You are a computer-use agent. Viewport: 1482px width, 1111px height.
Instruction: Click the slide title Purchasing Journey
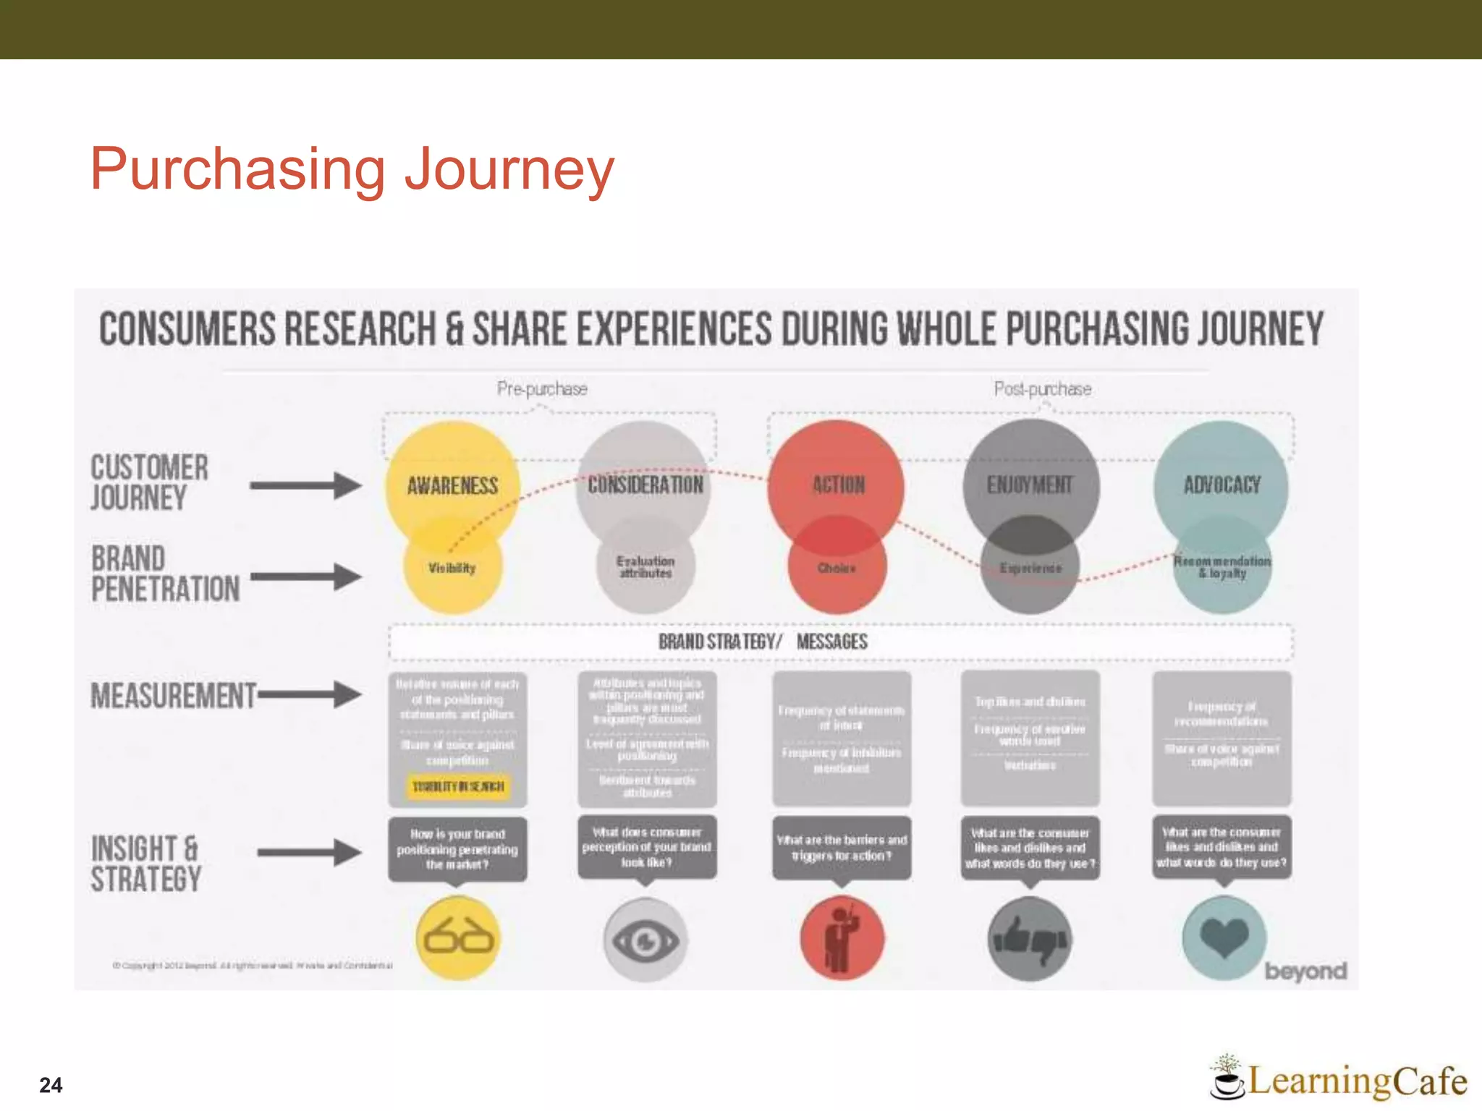pyautogui.click(x=352, y=169)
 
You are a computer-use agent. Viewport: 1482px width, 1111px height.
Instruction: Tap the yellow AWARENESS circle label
pyautogui.click(x=452, y=485)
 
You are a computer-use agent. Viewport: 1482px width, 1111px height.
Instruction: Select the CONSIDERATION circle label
pyautogui.click(x=645, y=485)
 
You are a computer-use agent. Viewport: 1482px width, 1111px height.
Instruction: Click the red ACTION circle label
pyautogui.click(x=838, y=485)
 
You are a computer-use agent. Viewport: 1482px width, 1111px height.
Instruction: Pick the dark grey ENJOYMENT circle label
pyautogui.click(x=1030, y=485)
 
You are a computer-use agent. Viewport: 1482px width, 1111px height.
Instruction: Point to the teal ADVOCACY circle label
pyautogui.click(x=1221, y=485)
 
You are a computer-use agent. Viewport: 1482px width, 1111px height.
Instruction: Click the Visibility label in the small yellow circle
pyautogui.click(x=452, y=569)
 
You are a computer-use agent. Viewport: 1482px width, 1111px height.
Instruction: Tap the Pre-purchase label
pyautogui.click(x=542, y=389)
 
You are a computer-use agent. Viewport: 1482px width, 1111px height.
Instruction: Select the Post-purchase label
pyautogui.click(x=1042, y=389)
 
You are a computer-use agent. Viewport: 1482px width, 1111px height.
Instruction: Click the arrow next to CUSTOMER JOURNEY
pyautogui.click(x=305, y=485)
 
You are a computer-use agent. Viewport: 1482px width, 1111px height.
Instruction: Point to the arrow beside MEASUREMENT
pyautogui.click(x=310, y=694)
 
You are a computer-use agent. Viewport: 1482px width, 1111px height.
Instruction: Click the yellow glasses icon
pyautogui.click(x=458, y=938)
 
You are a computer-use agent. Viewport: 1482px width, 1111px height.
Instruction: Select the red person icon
pyautogui.click(x=841, y=938)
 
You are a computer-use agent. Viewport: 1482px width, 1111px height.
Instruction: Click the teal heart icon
pyautogui.click(x=1223, y=938)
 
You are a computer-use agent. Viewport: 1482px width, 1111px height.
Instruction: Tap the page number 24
pyautogui.click(x=51, y=1085)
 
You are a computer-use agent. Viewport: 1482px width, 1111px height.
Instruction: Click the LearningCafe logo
pyautogui.click(x=1339, y=1079)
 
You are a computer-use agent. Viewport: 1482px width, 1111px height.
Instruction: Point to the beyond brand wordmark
pyautogui.click(x=1305, y=971)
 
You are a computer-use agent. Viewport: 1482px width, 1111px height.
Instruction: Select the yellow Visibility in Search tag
pyautogui.click(x=458, y=786)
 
